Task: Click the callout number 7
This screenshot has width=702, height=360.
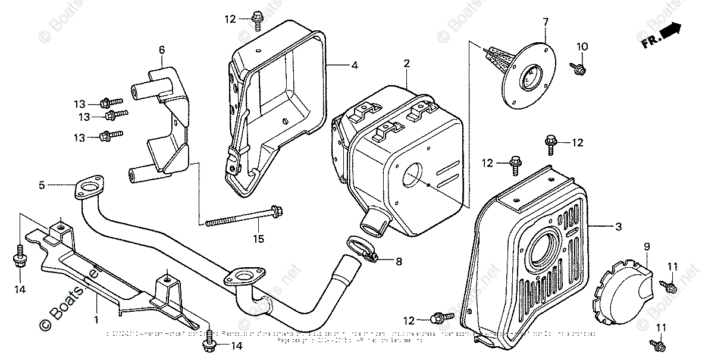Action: click(x=544, y=23)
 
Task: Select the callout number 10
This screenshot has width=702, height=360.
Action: click(x=582, y=46)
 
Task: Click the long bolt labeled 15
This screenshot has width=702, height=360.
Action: click(x=244, y=217)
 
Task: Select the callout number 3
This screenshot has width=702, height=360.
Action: click(x=618, y=227)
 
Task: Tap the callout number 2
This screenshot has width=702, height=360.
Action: click(x=406, y=62)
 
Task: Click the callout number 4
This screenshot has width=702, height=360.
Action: click(x=354, y=65)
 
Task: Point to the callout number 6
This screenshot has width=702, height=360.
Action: click(x=161, y=51)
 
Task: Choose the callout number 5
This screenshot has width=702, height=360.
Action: click(x=42, y=185)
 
